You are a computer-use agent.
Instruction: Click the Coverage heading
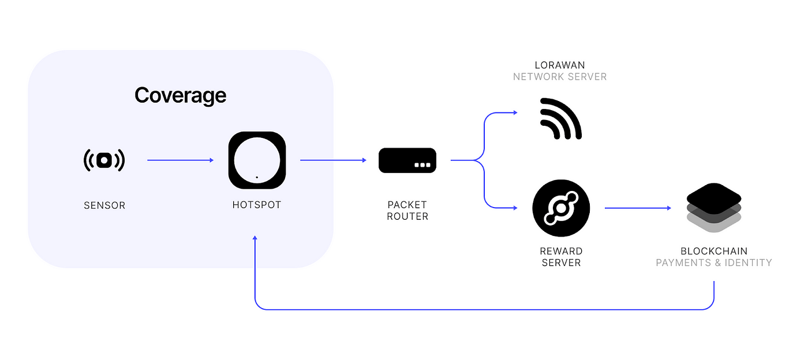[180, 95]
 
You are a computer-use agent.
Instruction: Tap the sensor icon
[104, 160]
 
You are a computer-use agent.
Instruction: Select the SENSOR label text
[104, 205]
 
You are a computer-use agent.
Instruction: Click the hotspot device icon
[257, 160]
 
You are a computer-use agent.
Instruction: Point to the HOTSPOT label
[257, 205]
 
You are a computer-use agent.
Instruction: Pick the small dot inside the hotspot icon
[257, 177]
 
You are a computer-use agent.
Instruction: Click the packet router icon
[407, 160]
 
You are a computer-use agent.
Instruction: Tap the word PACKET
[407, 205]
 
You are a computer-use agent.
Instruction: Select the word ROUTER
[407, 217]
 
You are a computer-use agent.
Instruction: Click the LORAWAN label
[560, 65]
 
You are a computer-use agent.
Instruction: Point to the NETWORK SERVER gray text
[560, 77]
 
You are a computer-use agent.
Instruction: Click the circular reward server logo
[561, 208]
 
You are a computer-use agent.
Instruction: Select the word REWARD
[561, 252]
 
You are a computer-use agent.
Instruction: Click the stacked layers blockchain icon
[714, 208]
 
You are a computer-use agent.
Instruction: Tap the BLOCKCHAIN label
[714, 252]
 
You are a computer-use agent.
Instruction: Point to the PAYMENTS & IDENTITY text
[714, 263]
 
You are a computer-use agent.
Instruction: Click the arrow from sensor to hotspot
[180, 160]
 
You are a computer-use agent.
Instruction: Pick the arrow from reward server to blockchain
[638, 208]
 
